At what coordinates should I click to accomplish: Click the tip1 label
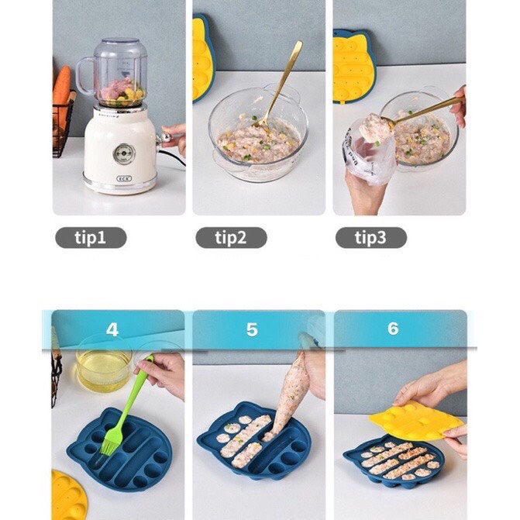(x=91, y=237)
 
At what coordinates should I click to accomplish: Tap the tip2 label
(x=231, y=237)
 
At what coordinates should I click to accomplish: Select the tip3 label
(x=371, y=237)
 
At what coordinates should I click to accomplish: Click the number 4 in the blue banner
(x=112, y=329)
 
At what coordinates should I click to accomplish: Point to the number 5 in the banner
(x=252, y=329)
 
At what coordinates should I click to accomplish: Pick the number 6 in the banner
(x=393, y=329)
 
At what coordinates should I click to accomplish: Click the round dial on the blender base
(x=124, y=153)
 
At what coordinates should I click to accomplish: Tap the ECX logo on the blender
(x=124, y=178)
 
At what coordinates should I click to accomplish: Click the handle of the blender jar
(x=84, y=75)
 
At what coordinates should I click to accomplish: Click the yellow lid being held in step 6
(x=416, y=420)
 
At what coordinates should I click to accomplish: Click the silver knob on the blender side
(x=165, y=138)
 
